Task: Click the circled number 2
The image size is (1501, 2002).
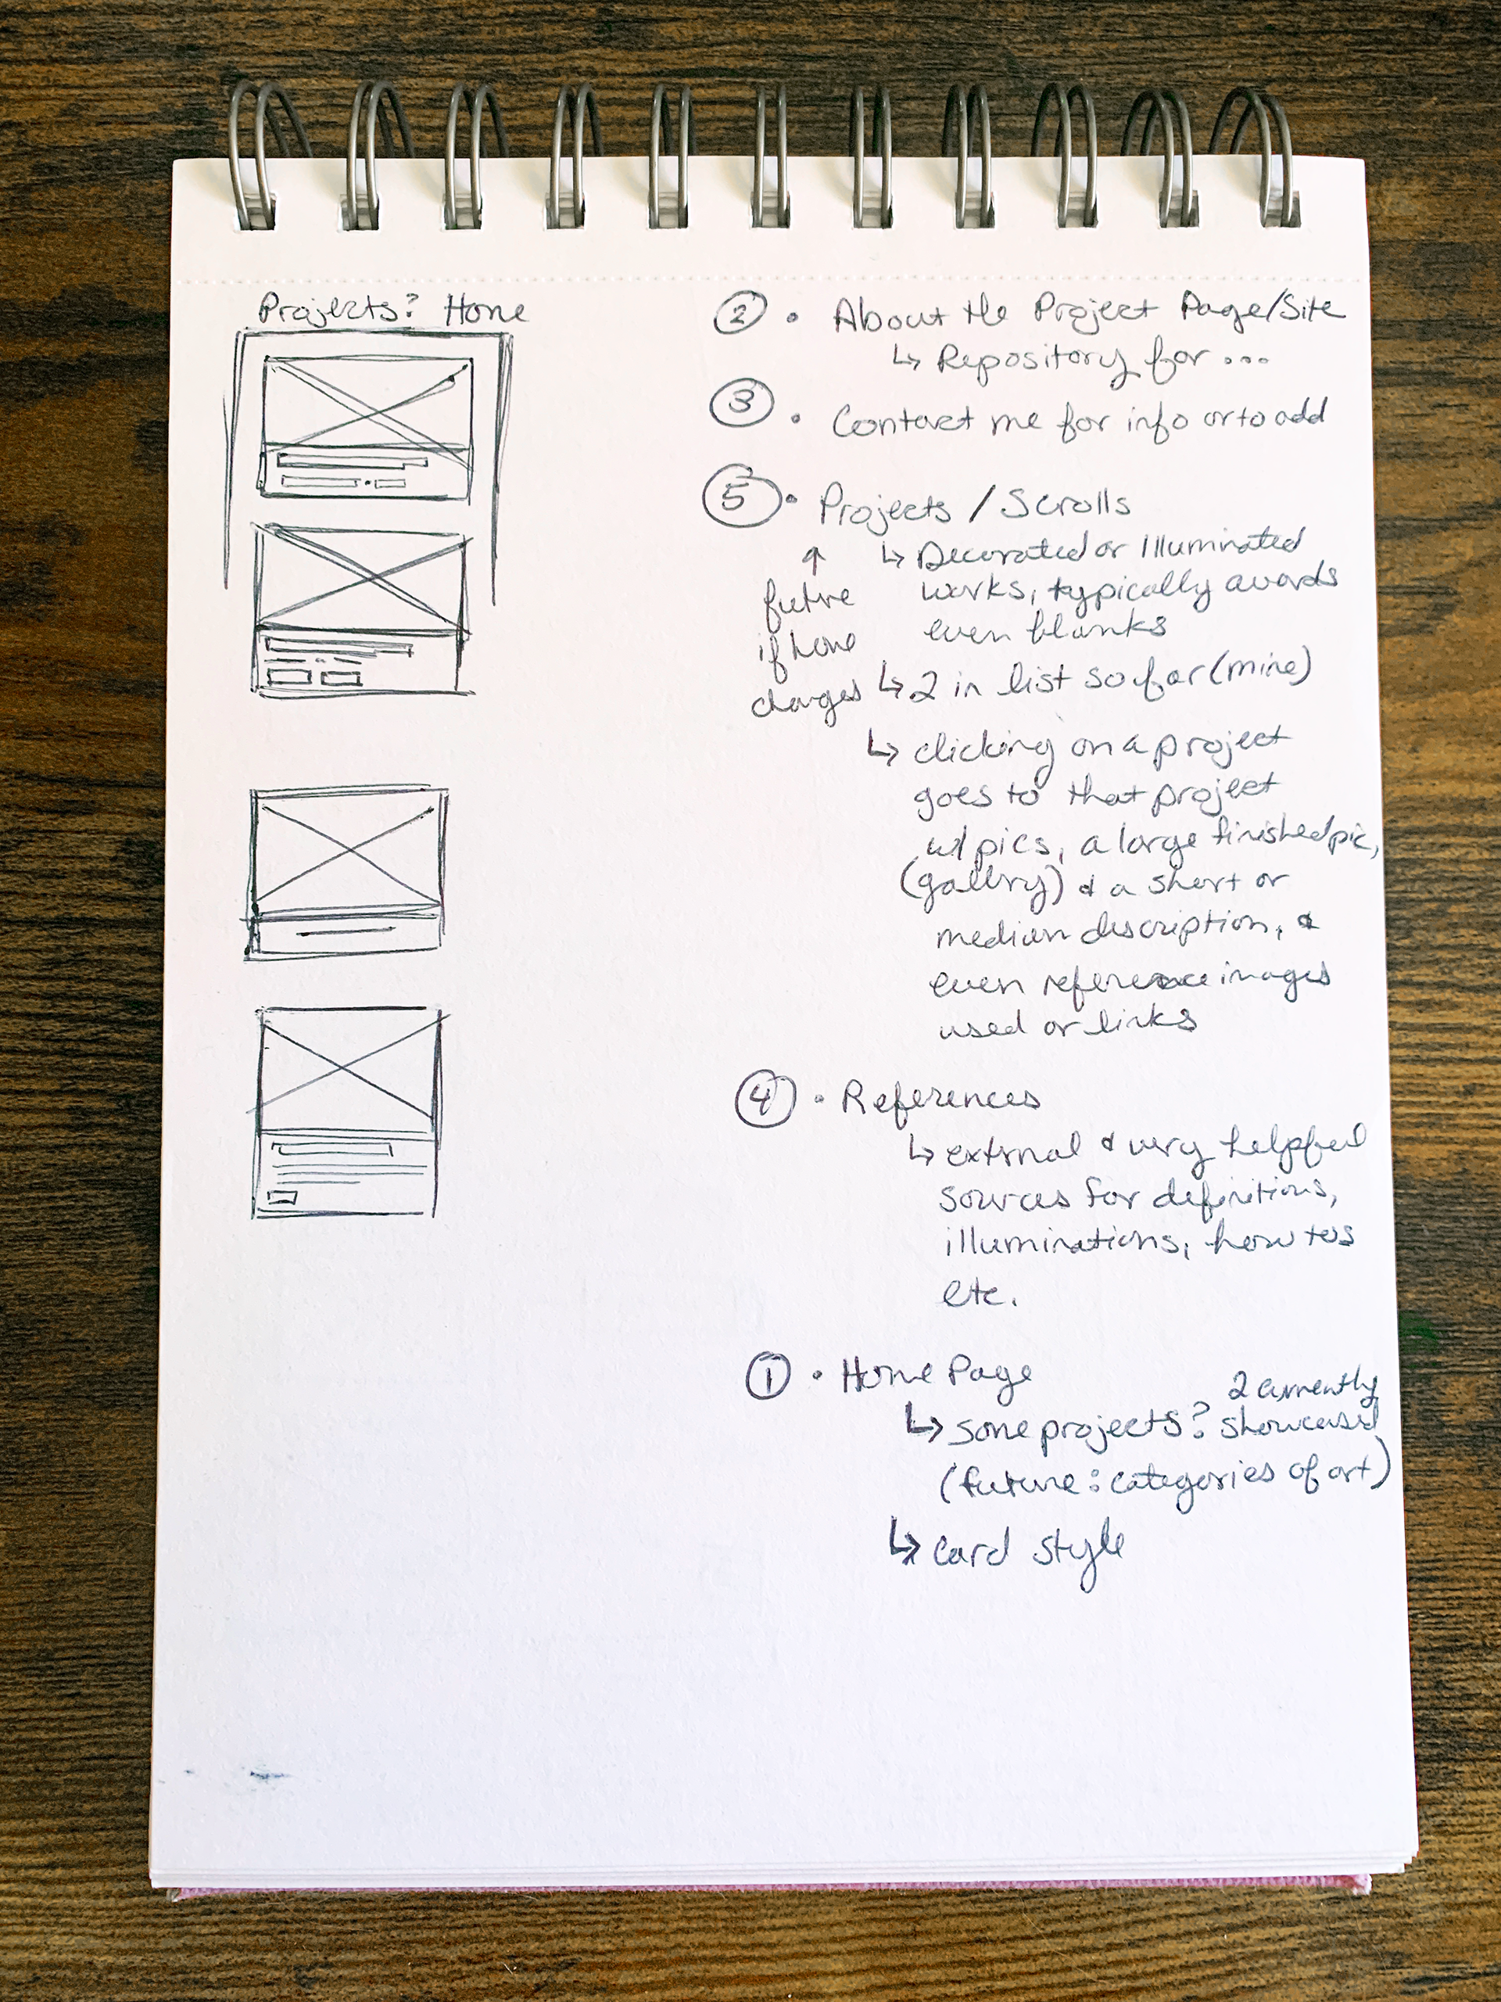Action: (740, 314)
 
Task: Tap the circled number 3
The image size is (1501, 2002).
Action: (741, 403)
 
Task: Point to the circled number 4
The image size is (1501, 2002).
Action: (765, 1100)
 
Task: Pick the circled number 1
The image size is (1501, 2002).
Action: (767, 1377)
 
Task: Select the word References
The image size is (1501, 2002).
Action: (939, 1100)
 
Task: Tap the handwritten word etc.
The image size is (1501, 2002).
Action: (976, 1293)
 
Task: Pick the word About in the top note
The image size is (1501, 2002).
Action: (890, 317)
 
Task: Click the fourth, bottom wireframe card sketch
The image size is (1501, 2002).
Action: (347, 1112)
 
